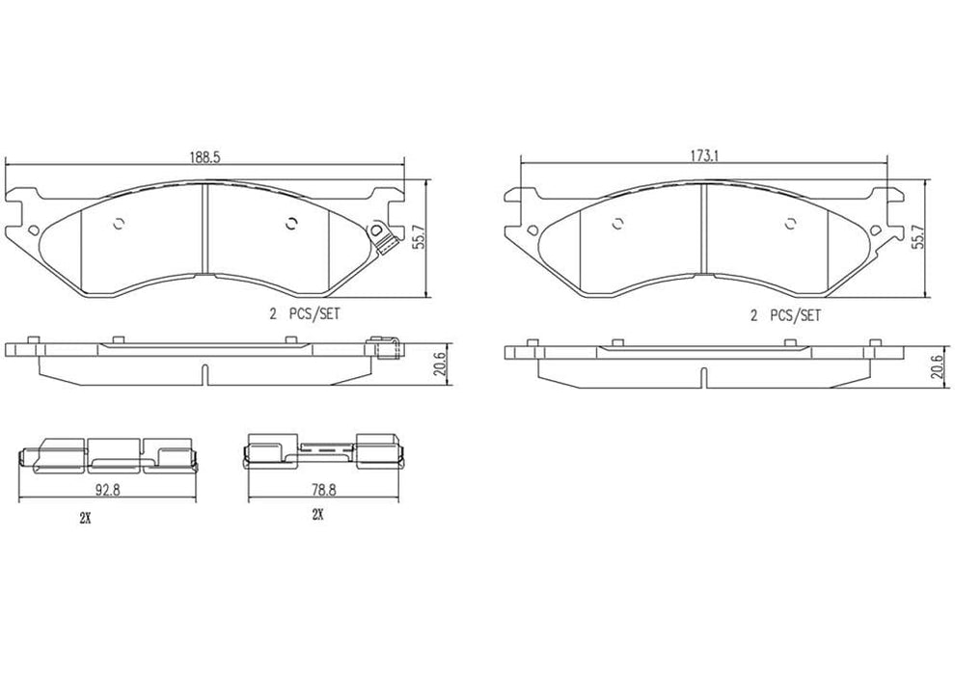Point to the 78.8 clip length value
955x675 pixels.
tap(322, 488)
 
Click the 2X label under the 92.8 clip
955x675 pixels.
tap(85, 518)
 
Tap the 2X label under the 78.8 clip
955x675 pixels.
tap(316, 516)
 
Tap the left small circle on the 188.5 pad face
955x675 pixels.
tap(119, 225)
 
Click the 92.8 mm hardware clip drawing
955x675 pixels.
tap(106, 454)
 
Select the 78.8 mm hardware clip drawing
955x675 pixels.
tap(323, 451)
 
